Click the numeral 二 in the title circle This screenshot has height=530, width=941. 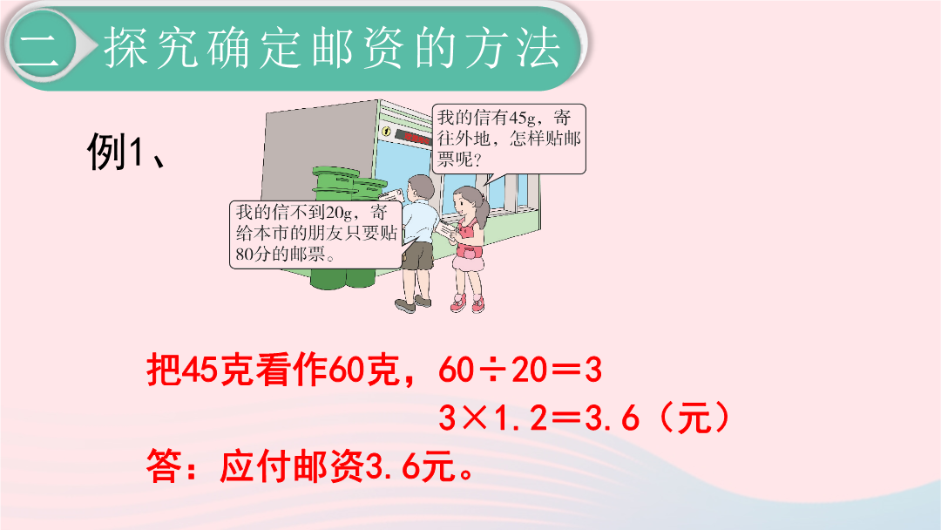39,46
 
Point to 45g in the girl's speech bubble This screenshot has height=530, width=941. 522,118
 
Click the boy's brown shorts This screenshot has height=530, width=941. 417,255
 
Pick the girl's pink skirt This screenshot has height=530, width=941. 468,261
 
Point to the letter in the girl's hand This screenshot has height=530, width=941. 446,229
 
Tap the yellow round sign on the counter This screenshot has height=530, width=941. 387,132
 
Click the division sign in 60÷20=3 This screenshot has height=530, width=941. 492,370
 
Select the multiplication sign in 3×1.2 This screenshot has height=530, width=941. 474,418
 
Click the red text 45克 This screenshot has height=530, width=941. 218,370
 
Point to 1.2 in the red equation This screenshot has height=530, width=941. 519,418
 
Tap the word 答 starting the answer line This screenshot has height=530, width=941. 164,466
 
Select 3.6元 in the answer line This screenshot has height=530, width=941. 410,466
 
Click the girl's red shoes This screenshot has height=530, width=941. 468,303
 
